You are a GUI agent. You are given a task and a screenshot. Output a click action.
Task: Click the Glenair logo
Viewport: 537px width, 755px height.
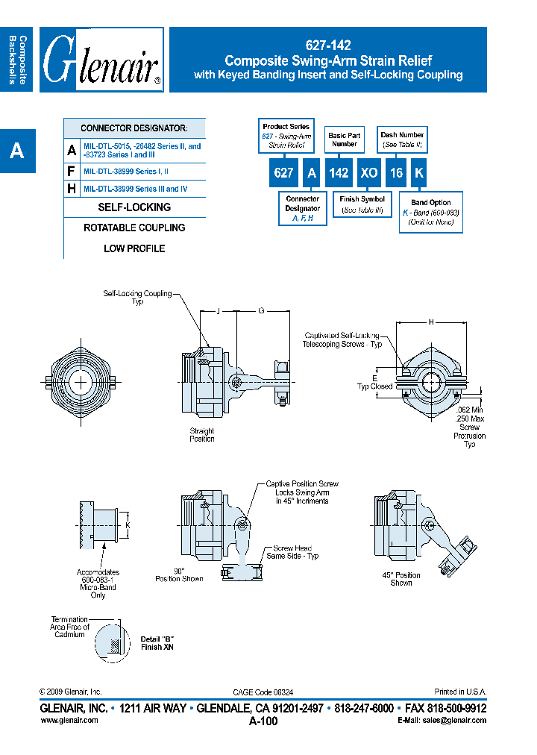pyautogui.click(x=101, y=60)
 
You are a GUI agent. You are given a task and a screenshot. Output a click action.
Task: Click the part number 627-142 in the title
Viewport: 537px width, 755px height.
pyautogui.click(x=328, y=46)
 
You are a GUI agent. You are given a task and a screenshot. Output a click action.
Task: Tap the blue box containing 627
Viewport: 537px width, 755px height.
pyautogui.click(x=283, y=172)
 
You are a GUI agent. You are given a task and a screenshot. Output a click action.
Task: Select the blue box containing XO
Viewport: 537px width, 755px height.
pyautogui.click(x=368, y=172)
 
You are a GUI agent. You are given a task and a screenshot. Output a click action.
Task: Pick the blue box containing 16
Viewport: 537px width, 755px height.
pyautogui.click(x=397, y=172)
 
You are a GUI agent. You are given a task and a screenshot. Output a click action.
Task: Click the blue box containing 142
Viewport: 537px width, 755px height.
pyautogui.click(x=339, y=172)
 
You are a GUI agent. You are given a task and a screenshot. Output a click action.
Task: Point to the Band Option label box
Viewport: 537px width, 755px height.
pyautogui.click(x=430, y=213)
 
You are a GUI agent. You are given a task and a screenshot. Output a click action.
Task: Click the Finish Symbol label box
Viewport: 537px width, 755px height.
pyautogui.click(x=362, y=204)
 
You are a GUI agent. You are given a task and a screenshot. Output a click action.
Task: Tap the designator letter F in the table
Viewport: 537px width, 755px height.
pyautogui.click(x=72, y=170)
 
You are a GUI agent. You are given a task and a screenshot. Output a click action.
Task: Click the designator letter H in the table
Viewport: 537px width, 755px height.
pyautogui.click(x=72, y=189)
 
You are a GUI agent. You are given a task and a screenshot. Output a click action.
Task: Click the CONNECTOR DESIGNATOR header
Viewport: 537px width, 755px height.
pyautogui.click(x=134, y=128)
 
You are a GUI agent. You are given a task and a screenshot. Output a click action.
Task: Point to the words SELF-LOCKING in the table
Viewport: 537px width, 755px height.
pyautogui.click(x=134, y=207)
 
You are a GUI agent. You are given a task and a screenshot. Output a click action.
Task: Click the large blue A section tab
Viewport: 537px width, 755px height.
pyautogui.click(x=17, y=151)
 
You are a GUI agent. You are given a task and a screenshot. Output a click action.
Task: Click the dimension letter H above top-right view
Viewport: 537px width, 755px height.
pyautogui.click(x=431, y=322)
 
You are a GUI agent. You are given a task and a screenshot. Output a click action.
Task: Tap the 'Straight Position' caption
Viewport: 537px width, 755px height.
pyautogui.click(x=202, y=434)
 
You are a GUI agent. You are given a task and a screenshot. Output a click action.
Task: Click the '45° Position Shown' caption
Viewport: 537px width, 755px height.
pyautogui.click(x=401, y=579)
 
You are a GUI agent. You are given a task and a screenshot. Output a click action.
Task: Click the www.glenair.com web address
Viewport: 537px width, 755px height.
pyautogui.click(x=69, y=720)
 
